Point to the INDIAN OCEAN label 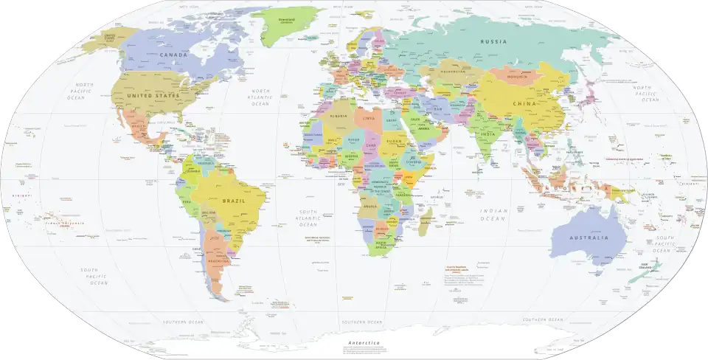click(494, 215)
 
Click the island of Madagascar click(426, 221)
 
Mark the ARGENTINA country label click(221, 261)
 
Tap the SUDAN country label click(396, 142)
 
